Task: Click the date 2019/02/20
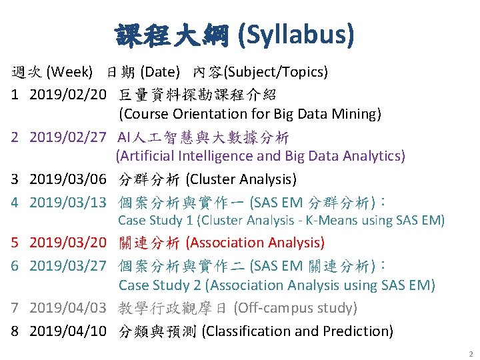(x=68, y=95)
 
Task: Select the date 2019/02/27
(x=68, y=138)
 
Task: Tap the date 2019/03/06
(x=68, y=179)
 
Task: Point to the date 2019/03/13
(x=68, y=201)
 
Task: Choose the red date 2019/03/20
(x=68, y=243)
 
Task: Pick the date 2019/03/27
(x=68, y=265)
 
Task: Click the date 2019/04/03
(x=68, y=308)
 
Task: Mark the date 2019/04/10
(x=68, y=331)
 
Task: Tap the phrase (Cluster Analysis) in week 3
(x=241, y=179)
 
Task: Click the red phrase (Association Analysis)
(x=255, y=243)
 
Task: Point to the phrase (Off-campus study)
(x=305, y=308)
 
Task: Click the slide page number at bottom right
(x=470, y=353)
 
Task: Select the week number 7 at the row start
(x=14, y=308)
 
